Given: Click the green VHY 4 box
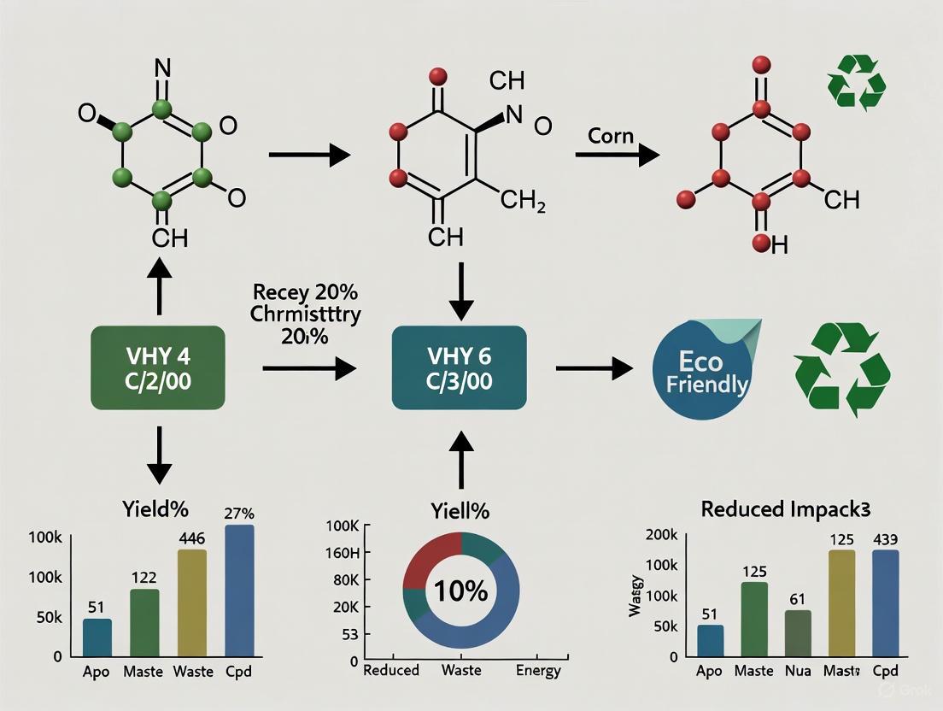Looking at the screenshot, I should click(157, 367).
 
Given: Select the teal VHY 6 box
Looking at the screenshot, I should click(459, 367).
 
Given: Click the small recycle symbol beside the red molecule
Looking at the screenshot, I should click(856, 83).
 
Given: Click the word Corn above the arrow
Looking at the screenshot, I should click(610, 136).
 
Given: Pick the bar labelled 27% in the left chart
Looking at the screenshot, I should click(239, 591).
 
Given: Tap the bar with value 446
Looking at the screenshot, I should click(192, 602).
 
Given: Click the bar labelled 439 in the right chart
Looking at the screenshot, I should click(885, 603).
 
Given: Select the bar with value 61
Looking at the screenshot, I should click(798, 633).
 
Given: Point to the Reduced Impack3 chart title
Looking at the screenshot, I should click(785, 508).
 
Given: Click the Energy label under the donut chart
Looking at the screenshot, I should click(538, 671).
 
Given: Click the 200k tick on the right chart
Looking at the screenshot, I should click(662, 536).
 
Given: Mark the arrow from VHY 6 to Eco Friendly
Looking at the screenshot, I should click(594, 367).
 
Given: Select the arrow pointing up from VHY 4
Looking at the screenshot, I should click(159, 284).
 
